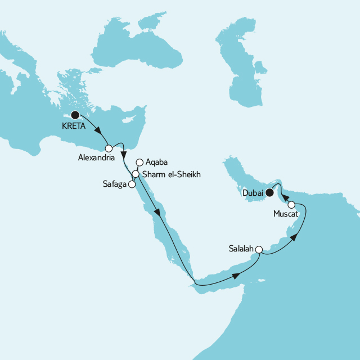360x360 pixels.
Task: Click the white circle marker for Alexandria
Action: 109,148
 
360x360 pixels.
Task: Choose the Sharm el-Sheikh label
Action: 171,174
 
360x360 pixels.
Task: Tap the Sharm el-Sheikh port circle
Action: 136,174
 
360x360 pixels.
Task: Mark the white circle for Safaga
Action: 132,183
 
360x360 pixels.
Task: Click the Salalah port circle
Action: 259,249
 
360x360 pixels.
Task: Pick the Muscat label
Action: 285,214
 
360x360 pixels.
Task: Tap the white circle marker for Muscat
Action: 291,205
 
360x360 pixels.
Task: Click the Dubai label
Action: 254,194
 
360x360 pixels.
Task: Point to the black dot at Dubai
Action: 269,193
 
